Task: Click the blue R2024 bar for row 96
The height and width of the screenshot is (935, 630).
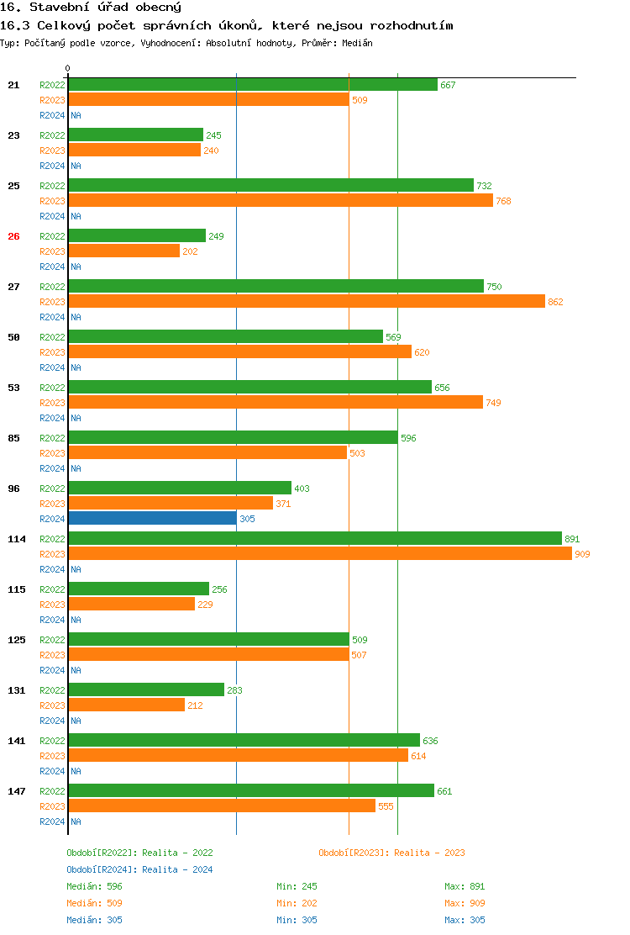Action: pyautogui.click(x=152, y=519)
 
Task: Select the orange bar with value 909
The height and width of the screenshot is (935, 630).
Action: pyautogui.click(x=319, y=554)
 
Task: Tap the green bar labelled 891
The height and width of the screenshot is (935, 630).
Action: pyautogui.click(x=314, y=539)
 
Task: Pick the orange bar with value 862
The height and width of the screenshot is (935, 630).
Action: pyautogui.click(x=307, y=302)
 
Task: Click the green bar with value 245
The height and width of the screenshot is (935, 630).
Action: pyautogui.click(x=135, y=135)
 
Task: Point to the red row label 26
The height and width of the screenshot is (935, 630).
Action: pyautogui.click(x=13, y=236)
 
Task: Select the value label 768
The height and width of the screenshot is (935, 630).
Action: pyautogui.click(x=503, y=201)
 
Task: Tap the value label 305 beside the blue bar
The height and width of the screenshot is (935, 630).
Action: pyautogui.click(x=247, y=519)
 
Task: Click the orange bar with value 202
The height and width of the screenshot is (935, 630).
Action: pyautogui.click(x=123, y=251)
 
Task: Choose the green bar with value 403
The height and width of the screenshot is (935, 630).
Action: pyautogui.click(x=180, y=489)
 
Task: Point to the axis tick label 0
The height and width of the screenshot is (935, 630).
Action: pyautogui.click(x=68, y=68)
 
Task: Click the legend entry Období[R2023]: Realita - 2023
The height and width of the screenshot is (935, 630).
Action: pyautogui.click(x=391, y=853)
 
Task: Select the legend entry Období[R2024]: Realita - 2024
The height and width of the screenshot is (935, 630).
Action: pyautogui.click(x=139, y=869)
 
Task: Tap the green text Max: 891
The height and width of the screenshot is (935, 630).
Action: pyautogui.click(x=465, y=886)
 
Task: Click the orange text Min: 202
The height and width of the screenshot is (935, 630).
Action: pyautogui.click(x=297, y=903)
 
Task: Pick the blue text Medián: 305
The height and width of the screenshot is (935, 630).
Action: pyautogui.click(x=94, y=920)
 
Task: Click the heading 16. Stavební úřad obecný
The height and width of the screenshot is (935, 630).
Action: pyautogui.click(x=80, y=8)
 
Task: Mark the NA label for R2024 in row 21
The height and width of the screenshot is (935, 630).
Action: pyautogui.click(x=76, y=115)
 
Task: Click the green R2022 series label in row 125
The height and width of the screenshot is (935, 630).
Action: pyautogui.click(x=52, y=640)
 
